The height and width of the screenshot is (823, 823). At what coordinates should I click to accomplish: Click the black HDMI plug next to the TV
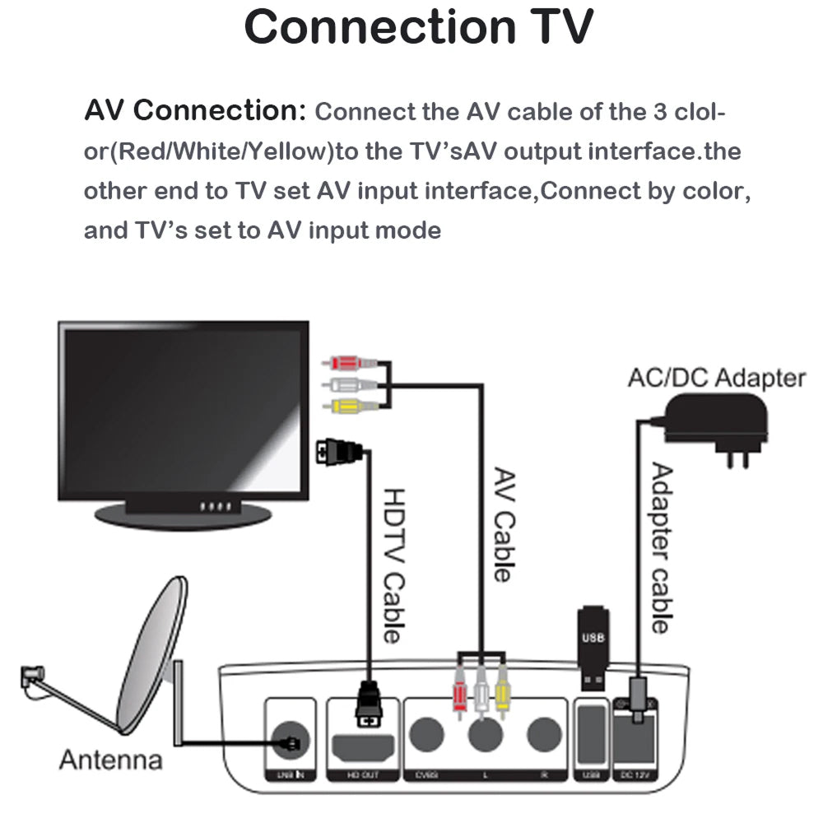(341, 451)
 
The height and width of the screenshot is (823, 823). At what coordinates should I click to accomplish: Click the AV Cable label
(502, 524)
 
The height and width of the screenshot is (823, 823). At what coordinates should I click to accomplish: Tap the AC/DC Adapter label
(716, 378)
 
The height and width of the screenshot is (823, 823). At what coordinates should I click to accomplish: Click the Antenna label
(110, 759)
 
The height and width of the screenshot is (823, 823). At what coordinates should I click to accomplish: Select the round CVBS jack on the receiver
(427, 732)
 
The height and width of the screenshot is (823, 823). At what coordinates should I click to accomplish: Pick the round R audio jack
(543, 732)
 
